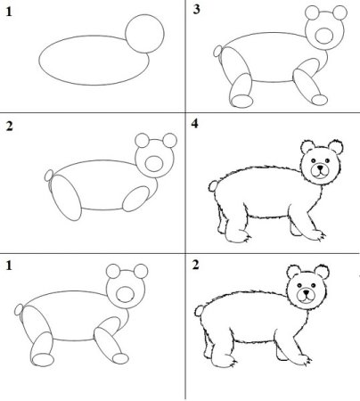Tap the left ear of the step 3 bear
[x=313, y=13]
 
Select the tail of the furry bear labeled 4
[x=210, y=188]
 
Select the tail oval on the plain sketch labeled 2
[x=48, y=176]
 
